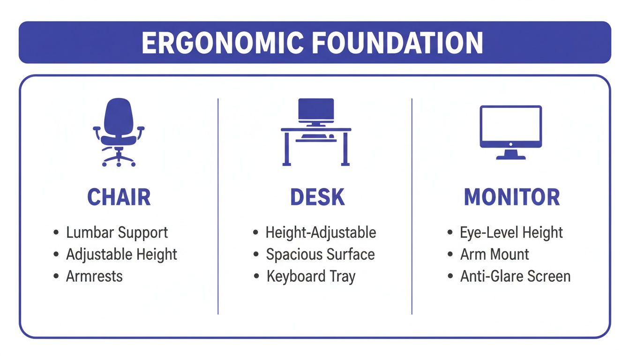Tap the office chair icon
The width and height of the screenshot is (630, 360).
coord(119,132)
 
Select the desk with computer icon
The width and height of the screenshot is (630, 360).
coord(316,132)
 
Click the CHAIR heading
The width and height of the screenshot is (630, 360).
coord(119,197)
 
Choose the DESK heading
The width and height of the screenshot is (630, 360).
coord(317,197)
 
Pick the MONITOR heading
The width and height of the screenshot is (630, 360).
coord(512,197)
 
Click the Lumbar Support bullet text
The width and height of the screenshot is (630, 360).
coord(117,232)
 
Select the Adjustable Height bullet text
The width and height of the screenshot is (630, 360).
coord(121,255)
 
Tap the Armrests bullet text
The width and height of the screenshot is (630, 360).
coord(94,276)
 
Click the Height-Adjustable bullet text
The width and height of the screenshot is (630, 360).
coord(321,232)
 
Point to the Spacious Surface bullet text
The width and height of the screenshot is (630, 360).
coord(320,255)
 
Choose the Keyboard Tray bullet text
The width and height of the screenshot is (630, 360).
coord(311,276)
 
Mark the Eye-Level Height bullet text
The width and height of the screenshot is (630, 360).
coord(511,232)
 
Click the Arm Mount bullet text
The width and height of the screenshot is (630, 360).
coord(495,255)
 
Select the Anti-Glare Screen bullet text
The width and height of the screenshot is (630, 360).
coord(515,276)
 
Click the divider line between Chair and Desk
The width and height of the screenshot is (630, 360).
coord(218,206)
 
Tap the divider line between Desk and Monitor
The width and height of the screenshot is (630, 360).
coord(412,206)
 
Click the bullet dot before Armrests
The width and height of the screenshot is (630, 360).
coord(57,277)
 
